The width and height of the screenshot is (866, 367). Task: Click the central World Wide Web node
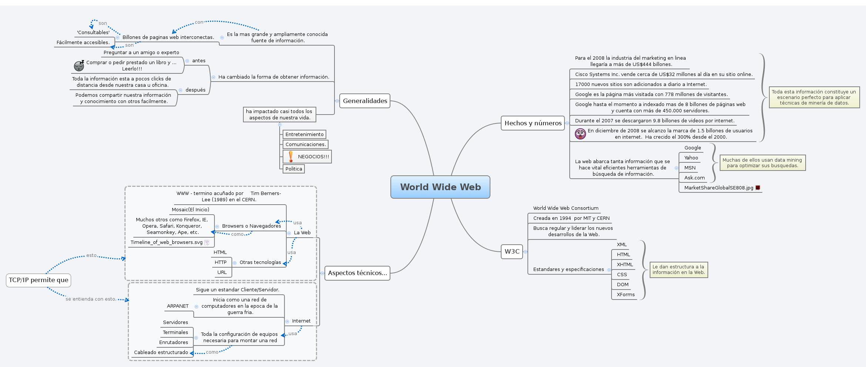click(x=440, y=187)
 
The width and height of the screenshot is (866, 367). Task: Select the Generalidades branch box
click(x=364, y=101)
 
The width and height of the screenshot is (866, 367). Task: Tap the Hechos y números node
click(x=533, y=123)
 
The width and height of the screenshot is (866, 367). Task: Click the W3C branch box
click(x=512, y=251)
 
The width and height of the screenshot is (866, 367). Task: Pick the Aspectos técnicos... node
click(x=357, y=273)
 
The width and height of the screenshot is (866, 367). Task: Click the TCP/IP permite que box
click(x=39, y=280)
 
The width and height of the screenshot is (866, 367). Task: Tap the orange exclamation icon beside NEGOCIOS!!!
click(x=291, y=156)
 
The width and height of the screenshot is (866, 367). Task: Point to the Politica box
click(x=293, y=169)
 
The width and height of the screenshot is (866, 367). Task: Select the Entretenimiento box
click(x=304, y=134)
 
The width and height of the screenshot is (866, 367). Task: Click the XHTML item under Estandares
click(x=624, y=264)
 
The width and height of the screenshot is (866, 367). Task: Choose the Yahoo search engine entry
click(x=691, y=158)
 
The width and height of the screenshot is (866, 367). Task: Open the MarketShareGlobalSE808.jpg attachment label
click(x=718, y=188)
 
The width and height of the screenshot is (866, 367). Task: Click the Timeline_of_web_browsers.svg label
click(x=166, y=242)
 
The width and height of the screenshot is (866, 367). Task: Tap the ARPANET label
click(x=177, y=306)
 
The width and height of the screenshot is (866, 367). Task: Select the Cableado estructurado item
click(x=161, y=352)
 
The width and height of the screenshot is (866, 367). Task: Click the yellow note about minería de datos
click(x=814, y=97)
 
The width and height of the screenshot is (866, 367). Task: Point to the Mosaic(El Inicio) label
click(x=190, y=209)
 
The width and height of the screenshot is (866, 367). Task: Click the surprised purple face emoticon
click(x=580, y=133)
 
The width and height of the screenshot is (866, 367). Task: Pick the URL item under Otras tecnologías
click(x=222, y=272)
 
